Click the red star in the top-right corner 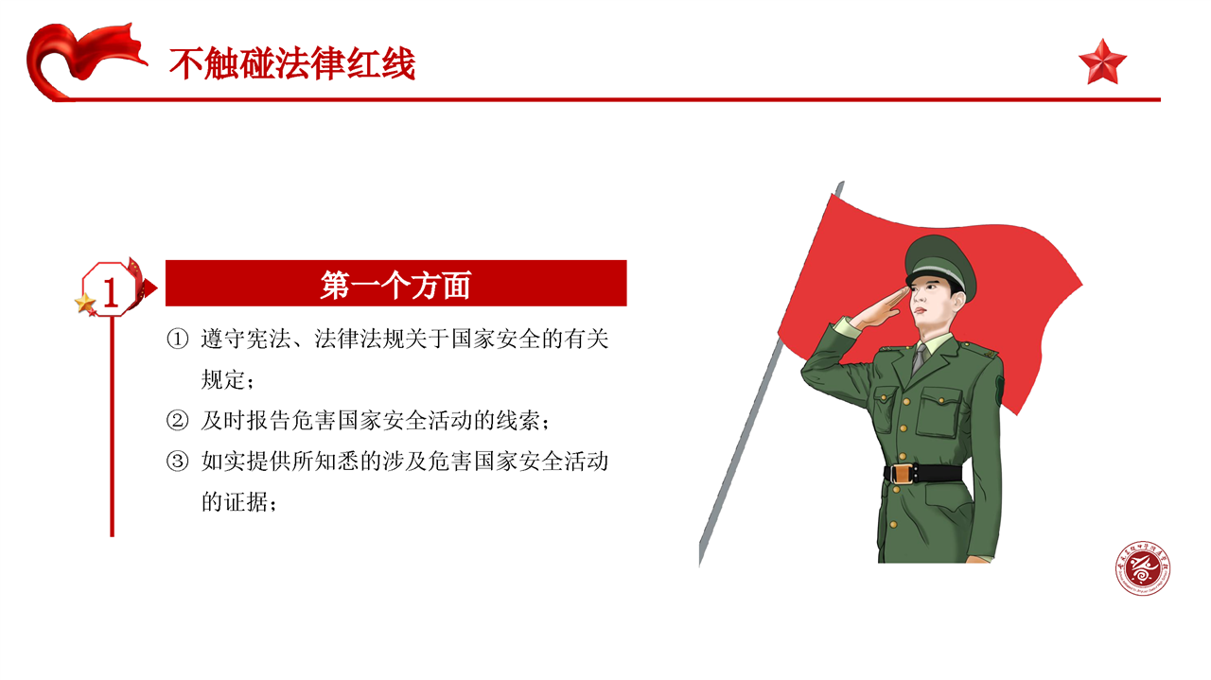[1103, 62]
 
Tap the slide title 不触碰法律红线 [292, 63]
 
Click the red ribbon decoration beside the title [81, 61]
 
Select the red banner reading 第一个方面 [395, 283]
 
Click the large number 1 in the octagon [111, 292]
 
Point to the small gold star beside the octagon [85, 304]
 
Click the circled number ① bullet [177, 340]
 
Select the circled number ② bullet [177, 421]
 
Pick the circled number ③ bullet [177, 462]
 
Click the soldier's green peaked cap [940, 265]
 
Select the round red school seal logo [1143, 568]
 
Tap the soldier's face [931, 303]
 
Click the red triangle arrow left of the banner [150, 288]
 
